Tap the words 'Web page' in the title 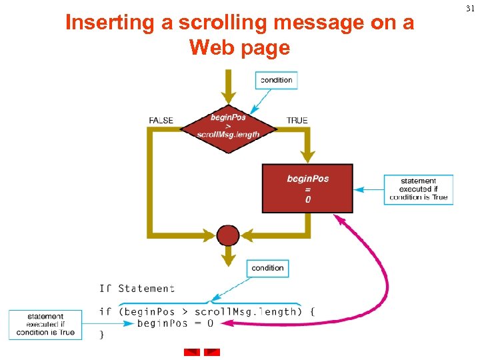pos(239,48)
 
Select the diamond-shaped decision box pos(228,126)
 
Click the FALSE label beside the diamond pos(161,121)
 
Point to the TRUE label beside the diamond pos(297,121)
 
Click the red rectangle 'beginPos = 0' pos(307,189)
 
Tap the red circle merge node pos(228,235)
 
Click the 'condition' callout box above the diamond pos(276,80)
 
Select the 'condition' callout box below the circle pos(267,268)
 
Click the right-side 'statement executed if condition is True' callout pos(419,189)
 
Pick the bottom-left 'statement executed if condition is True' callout pos(45,325)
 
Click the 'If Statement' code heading pos(137,289)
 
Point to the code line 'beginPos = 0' pos(175,323)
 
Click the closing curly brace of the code pos(102,335)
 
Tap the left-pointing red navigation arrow pos(192,352)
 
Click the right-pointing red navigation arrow pos(212,352)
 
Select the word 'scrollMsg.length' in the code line pos(246,311)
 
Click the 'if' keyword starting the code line pos(105,311)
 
